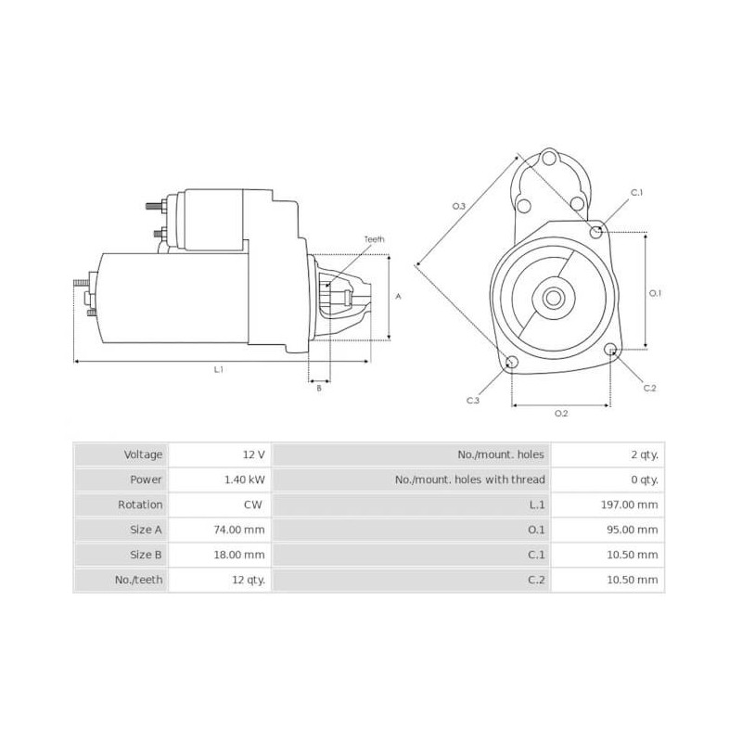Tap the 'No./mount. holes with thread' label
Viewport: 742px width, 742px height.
point(470,480)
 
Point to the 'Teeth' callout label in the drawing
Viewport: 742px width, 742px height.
point(374,239)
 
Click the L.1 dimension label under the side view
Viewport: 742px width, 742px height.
point(219,369)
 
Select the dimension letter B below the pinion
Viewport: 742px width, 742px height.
point(318,389)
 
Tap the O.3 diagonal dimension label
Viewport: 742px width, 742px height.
point(458,206)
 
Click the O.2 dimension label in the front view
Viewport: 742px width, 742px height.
point(560,413)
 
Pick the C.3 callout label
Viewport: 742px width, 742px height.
point(472,401)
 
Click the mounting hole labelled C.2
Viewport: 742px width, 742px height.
point(610,350)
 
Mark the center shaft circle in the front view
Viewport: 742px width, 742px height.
point(553,298)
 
